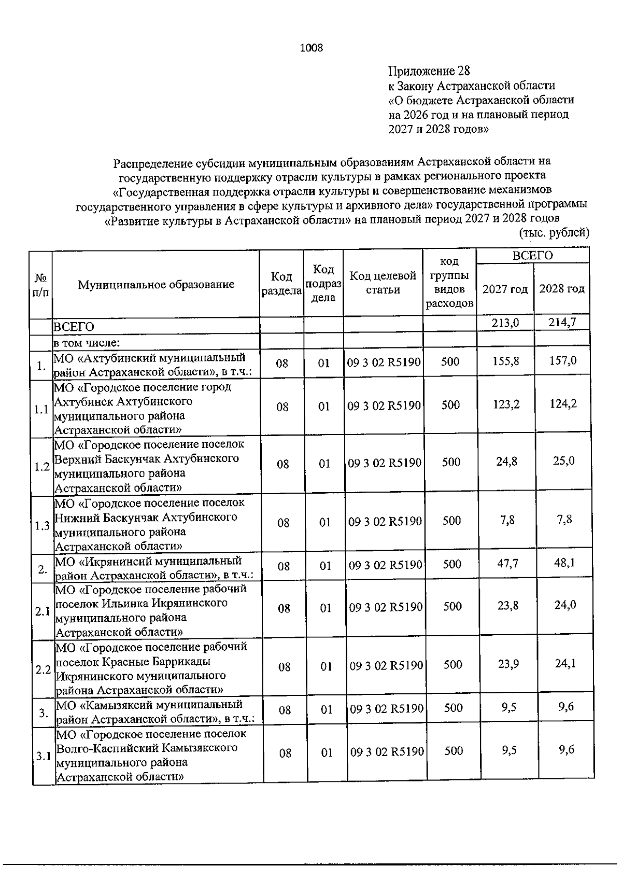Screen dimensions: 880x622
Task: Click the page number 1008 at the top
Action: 311,48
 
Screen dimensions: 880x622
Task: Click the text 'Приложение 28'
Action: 429,71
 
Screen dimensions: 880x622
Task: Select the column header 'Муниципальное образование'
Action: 156,284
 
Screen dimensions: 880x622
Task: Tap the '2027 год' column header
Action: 505,289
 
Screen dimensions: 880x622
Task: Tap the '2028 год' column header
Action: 562,289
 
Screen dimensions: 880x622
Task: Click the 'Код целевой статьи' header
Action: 383,283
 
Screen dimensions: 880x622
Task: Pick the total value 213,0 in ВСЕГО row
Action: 505,323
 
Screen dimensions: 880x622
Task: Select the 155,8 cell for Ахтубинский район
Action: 506,361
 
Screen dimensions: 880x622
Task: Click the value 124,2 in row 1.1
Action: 563,404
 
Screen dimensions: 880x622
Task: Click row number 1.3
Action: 42,526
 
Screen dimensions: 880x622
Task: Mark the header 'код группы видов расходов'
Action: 449,283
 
